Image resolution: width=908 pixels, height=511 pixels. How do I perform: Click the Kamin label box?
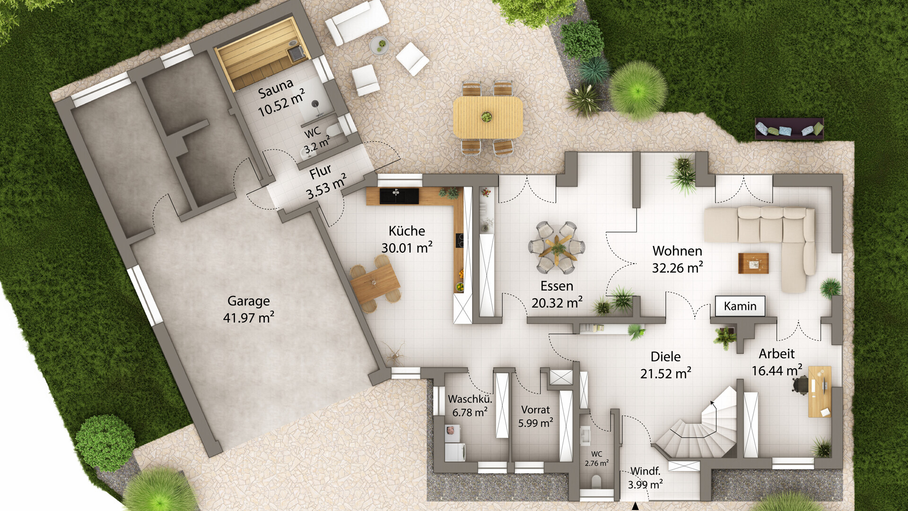point(740,306)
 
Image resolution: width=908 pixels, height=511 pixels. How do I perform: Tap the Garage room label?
point(248,301)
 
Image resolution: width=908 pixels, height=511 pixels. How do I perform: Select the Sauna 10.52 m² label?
point(280,97)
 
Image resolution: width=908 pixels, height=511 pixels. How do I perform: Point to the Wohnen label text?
point(677,251)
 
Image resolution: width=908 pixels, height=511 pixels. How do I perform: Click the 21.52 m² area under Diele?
point(666,373)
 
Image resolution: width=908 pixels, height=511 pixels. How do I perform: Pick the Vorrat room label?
point(535,410)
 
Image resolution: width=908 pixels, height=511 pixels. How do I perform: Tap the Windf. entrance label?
point(646,471)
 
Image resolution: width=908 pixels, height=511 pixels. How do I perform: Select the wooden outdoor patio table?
point(488,117)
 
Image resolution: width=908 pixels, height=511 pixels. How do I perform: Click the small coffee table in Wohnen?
point(753,263)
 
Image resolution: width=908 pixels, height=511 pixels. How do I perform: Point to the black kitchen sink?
point(399,196)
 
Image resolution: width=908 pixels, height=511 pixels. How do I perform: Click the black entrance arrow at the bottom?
point(636,507)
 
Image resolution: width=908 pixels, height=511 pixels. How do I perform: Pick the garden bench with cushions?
point(789,129)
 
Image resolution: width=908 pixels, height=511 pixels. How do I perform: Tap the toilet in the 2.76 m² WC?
point(596,482)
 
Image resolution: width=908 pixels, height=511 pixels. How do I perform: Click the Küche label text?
point(407,231)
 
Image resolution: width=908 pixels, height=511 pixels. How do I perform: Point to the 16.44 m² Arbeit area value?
point(777,370)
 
